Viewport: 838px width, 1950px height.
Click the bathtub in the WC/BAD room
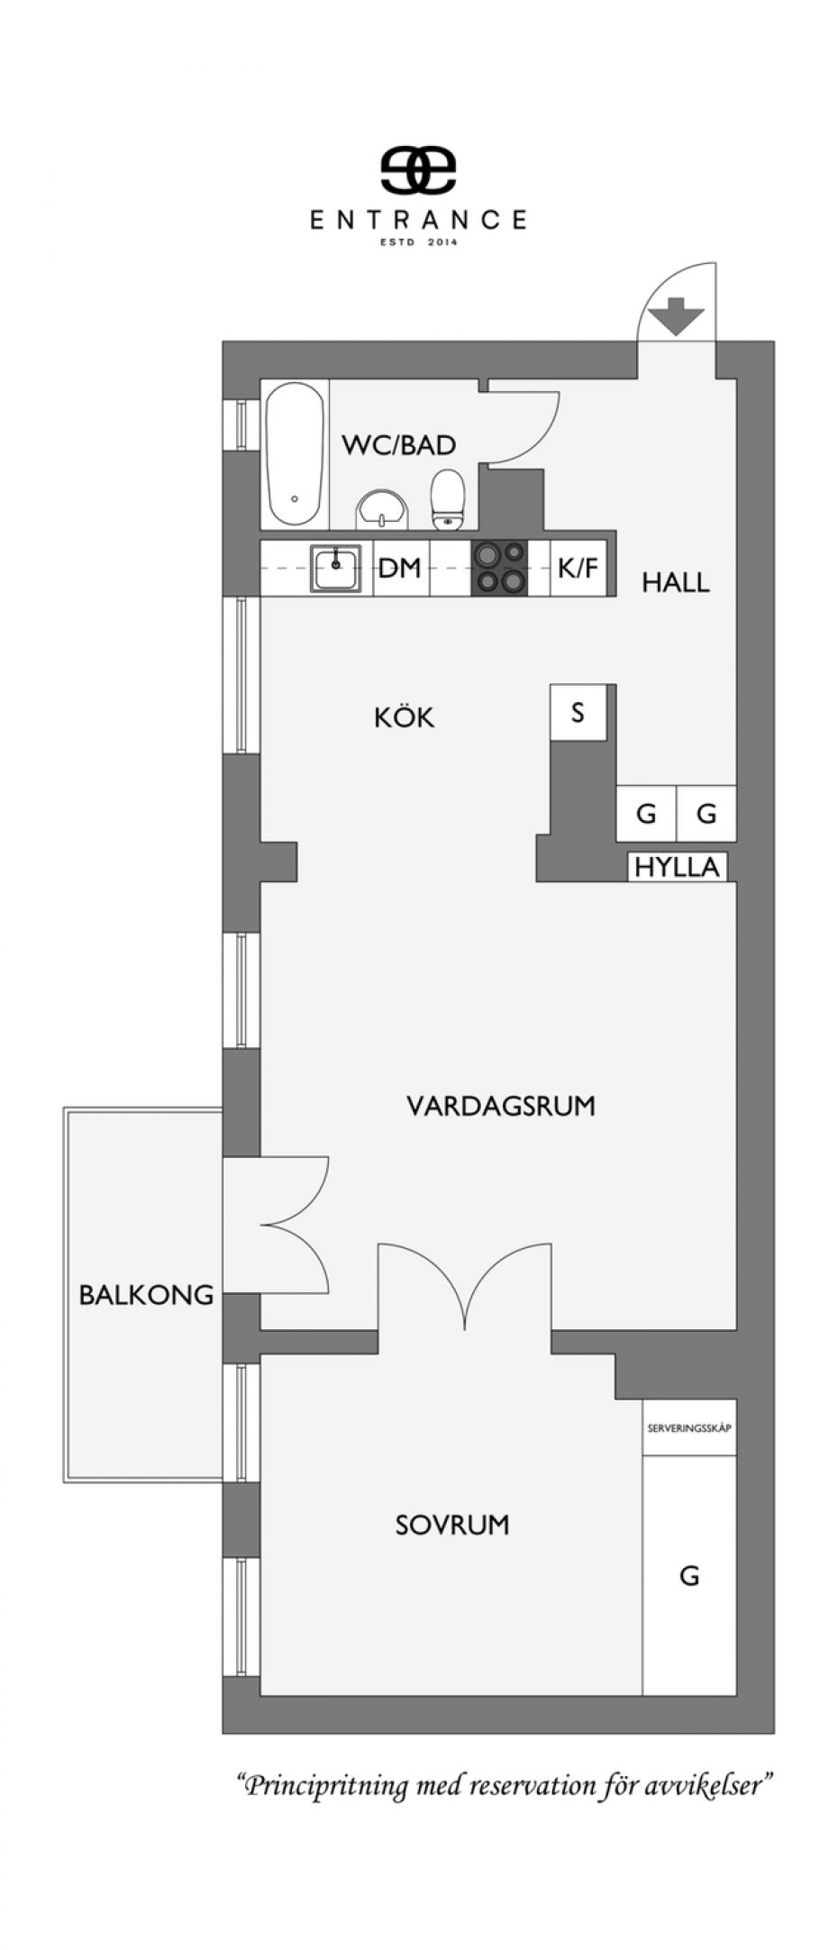pos(294,455)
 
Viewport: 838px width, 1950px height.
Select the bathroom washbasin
pos(383,510)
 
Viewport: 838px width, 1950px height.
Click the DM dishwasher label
pos(400,569)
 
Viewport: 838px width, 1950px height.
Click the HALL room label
pos(676,582)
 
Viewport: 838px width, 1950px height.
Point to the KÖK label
pos(405,716)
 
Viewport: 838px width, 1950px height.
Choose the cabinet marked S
pos(578,712)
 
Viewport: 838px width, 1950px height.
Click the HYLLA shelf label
pos(678,867)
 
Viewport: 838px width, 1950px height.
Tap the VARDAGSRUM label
pos(501,1105)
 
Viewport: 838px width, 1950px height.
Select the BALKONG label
pos(147,1295)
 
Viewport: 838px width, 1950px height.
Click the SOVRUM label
pos(452,1525)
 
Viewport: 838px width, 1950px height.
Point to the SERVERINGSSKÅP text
pos(689,1428)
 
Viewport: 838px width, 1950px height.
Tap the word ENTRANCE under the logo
pos(419,220)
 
